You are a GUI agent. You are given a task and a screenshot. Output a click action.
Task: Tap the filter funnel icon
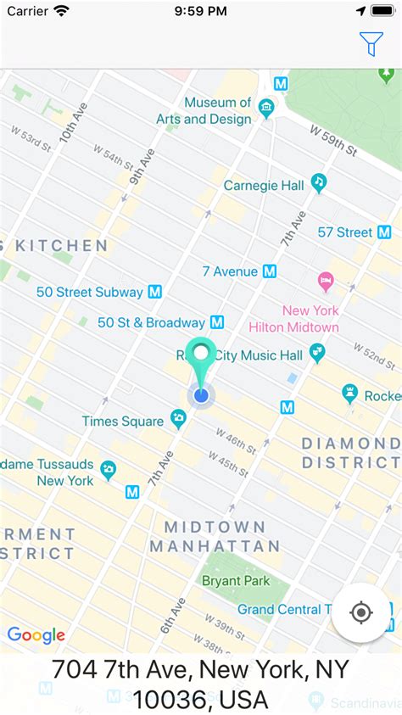click(x=371, y=43)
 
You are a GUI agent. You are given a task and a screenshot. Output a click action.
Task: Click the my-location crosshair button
click(x=361, y=612)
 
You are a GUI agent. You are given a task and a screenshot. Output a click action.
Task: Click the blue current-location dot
click(x=201, y=394)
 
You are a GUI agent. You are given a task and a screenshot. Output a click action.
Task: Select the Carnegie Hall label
click(x=263, y=185)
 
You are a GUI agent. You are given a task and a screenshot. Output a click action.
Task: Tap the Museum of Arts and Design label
click(x=217, y=110)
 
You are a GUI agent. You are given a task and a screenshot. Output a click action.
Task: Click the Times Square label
click(x=122, y=421)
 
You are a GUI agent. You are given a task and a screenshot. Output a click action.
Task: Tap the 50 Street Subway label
click(x=89, y=292)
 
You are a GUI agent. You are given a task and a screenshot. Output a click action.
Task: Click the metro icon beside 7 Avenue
click(x=270, y=271)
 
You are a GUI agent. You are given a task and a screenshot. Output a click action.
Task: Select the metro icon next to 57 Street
click(x=384, y=232)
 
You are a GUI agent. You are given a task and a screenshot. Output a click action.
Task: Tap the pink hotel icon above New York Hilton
click(x=325, y=280)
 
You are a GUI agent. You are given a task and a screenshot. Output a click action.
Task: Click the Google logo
click(x=36, y=635)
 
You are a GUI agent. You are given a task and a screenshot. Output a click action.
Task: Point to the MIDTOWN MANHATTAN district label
click(x=215, y=537)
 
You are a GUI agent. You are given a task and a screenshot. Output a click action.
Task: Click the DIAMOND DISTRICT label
click(x=350, y=453)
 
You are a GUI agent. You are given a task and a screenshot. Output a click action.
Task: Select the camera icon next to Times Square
click(x=178, y=417)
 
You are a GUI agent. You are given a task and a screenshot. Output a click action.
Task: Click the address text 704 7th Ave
click(x=200, y=684)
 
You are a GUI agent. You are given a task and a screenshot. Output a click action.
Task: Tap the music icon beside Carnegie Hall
click(x=319, y=182)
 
